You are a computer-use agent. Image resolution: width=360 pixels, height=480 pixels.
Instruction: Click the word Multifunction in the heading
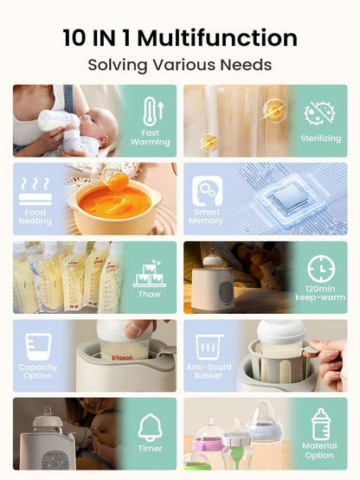(x=217, y=38)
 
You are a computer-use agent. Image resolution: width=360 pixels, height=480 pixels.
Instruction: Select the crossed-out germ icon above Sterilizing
(x=319, y=113)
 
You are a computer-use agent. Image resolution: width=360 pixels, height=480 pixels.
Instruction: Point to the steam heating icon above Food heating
(x=35, y=191)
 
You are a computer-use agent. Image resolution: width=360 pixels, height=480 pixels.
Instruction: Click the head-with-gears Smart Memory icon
(x=207, y=191)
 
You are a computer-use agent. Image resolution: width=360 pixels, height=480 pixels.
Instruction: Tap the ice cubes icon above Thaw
(x=149, y=273)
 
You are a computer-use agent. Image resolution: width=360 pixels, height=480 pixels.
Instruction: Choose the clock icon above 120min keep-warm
(x=320, y=268)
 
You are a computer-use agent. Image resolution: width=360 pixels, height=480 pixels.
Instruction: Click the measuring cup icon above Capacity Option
(x=38, y=347)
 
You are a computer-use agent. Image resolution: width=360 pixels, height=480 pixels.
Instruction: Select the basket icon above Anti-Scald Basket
(x=209, y=347)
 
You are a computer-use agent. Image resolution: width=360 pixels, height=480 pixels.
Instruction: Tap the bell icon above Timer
(x=150, y=427)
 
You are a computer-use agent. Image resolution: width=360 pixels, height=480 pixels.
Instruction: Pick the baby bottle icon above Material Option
(x=321, y=424)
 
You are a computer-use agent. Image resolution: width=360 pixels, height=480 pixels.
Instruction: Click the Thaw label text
(x=150, y=294)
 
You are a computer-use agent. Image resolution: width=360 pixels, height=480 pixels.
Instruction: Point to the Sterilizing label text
(x=320, y=138)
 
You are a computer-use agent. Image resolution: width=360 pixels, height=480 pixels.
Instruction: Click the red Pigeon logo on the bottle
(x=122, y=357)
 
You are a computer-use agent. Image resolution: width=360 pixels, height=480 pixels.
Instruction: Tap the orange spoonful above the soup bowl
(x=118, y=182)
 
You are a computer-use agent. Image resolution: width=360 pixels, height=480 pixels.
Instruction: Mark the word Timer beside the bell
(x=150, y=449)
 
